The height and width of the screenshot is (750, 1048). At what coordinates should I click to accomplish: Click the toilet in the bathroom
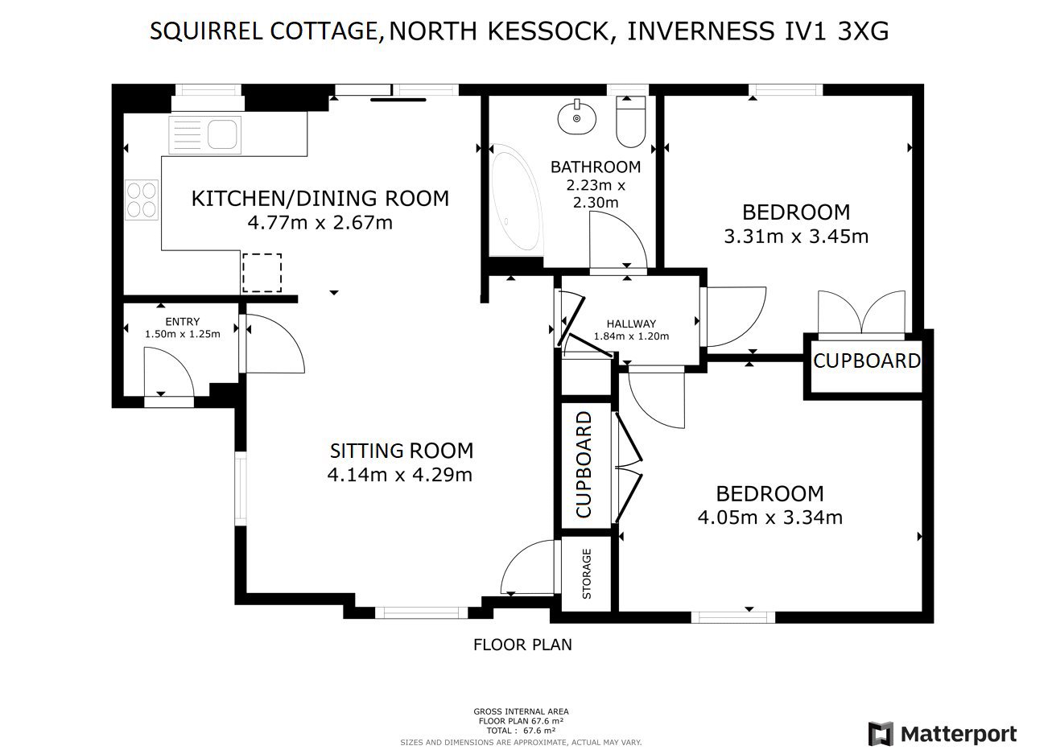tap(631, 122)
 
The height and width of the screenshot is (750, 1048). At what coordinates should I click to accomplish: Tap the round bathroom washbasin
tap(577, 118)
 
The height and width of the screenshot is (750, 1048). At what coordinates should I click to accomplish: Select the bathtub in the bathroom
tap(517, 199)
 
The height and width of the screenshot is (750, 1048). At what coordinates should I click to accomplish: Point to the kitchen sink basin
tap(223, 134)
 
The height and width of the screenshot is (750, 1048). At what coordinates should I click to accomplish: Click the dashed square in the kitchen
tap(262, 273)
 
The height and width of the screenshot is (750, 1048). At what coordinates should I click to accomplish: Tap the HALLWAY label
tap(631, 323)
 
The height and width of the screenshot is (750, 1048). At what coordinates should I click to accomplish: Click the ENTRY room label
tap(183, 321)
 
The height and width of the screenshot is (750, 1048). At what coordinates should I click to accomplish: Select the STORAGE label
tap(587, 574)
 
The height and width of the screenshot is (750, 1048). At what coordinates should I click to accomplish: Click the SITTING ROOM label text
tap(402, 451)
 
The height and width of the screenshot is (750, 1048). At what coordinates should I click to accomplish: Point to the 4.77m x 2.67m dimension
tap(320, 223)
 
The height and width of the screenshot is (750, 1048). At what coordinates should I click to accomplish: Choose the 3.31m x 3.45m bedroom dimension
tap(796, 237)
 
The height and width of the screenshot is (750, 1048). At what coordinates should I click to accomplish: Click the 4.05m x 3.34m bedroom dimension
tap(770, 517)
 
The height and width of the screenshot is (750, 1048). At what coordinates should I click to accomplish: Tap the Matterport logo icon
tap(881, 734)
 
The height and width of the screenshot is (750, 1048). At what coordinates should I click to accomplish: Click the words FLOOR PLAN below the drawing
tap(522, 645)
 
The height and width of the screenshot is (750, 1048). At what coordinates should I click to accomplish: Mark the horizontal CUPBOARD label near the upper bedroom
tap(867, 361)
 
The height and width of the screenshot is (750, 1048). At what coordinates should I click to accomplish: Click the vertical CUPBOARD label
tap(584, 464)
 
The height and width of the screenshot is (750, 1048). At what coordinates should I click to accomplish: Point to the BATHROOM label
tap(596, 167)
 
